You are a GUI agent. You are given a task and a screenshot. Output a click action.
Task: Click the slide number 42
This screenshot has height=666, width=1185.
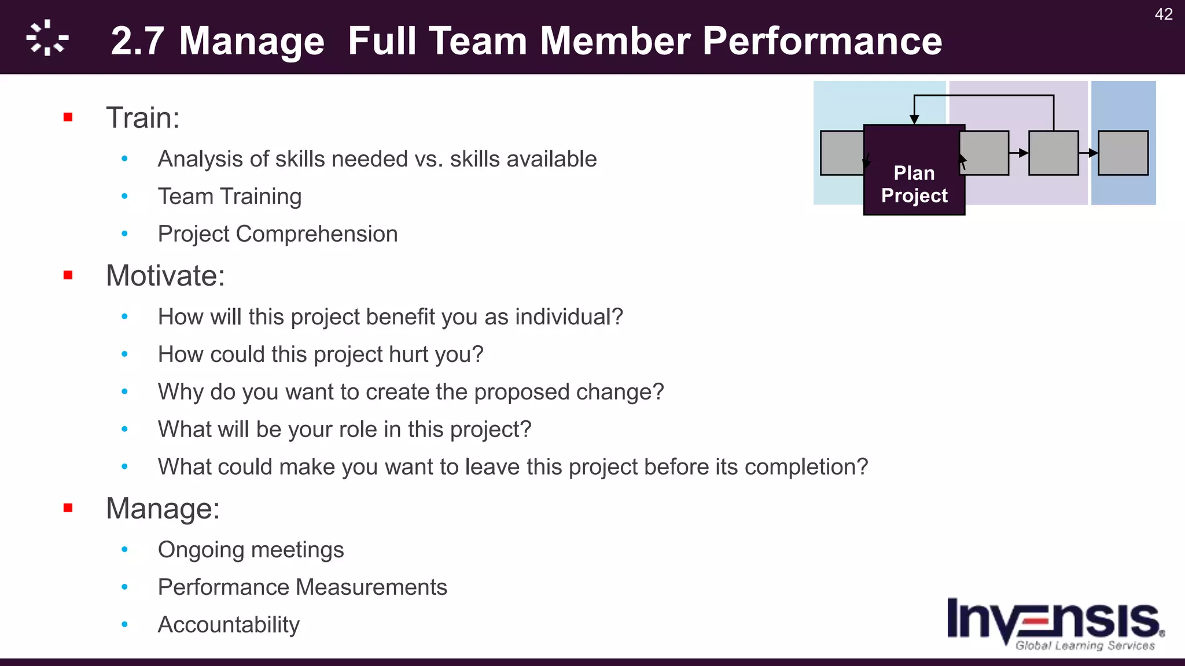pyautogui.click(x=1163, y=14)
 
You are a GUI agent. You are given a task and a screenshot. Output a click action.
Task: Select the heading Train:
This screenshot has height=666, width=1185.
pyautogui.click(x=143, y=118)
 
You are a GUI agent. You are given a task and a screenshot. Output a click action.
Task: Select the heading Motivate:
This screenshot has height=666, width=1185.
pyautogui.click(x=165, y=276)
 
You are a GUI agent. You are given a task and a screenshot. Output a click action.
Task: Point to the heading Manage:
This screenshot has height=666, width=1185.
pyautogui.click(x=163, y=509)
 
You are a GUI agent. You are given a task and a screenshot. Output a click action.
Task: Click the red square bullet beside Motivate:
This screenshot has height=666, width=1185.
pyautogui.click(x=68, y=275)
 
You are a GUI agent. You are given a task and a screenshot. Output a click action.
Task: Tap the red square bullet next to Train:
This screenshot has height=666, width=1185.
pyautogui.click(x=68, y=117)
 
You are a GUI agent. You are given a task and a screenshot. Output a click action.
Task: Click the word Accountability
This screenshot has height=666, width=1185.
pyautogui.click(x=229, y=625)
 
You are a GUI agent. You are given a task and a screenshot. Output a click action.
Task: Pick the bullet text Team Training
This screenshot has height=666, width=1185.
pyautogui.click(x=230, y=197)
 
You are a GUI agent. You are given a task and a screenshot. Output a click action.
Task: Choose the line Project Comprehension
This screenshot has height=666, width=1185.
pyautogui.click(x=278, y=234)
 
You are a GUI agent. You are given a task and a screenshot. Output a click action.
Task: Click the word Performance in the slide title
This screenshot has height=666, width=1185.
pyautogui.click(x=822, y=41)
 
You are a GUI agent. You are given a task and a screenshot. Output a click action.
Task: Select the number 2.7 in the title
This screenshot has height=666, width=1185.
pyautogui.click(x=137, y=41)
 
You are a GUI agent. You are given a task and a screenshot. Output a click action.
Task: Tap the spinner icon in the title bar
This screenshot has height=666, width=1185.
pyautogui.click(x=47, y=38)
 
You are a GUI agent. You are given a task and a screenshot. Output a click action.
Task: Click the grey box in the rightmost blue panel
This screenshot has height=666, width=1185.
pyautogui.click(x=1123, y=153)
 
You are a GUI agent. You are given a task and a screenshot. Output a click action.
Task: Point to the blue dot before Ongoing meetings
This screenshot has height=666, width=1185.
pyautogui.click(x=124, y=550)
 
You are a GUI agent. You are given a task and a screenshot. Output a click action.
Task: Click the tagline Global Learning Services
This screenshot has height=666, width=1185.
pyautogui.click(x=1085, y=646)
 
